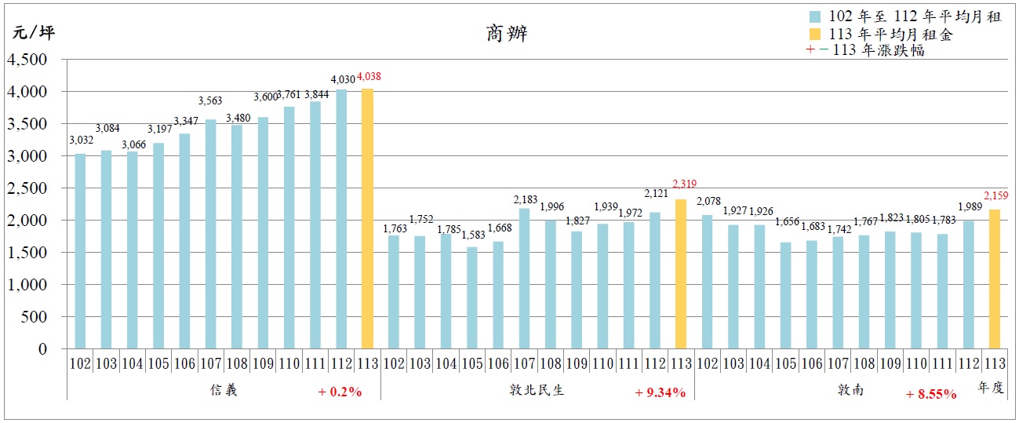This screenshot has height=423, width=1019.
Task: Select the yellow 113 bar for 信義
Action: pyautogui.click(x=367, y=219)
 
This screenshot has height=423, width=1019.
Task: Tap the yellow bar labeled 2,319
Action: pyautogui.click(x=681, y=274)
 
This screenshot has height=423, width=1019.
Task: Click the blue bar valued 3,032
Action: pyautogui.click(x=80, y=251)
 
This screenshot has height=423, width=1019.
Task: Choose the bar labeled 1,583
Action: pyautogui.click(x=471, y=298)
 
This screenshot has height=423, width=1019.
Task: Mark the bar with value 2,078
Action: pyautogui.click(x=707, y=282)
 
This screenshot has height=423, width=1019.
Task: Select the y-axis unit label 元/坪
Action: pyautogui.click(x=35, y=32)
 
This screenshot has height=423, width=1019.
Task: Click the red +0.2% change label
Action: pyautogui.click(x=340, y=392)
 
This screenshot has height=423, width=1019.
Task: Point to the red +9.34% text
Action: pyautogui.click(x=661, y=392)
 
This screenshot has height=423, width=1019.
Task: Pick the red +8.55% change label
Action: pyautogui.click(x=931, y=394)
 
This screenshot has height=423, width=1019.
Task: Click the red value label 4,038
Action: pyautogui.click(x=369, y=77)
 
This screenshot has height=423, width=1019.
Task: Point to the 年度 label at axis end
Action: pyautogui.click(x=990, y=387)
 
